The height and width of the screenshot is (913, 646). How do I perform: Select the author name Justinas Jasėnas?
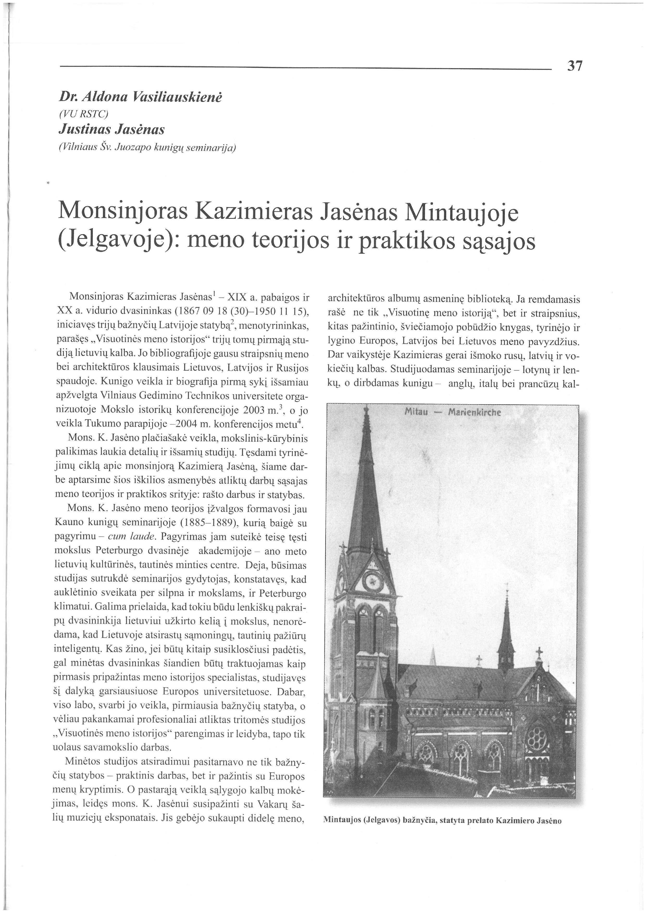click(111, 129)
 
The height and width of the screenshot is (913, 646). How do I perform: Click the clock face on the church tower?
click(373, 581)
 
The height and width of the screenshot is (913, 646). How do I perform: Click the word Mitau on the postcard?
click(416, 412)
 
